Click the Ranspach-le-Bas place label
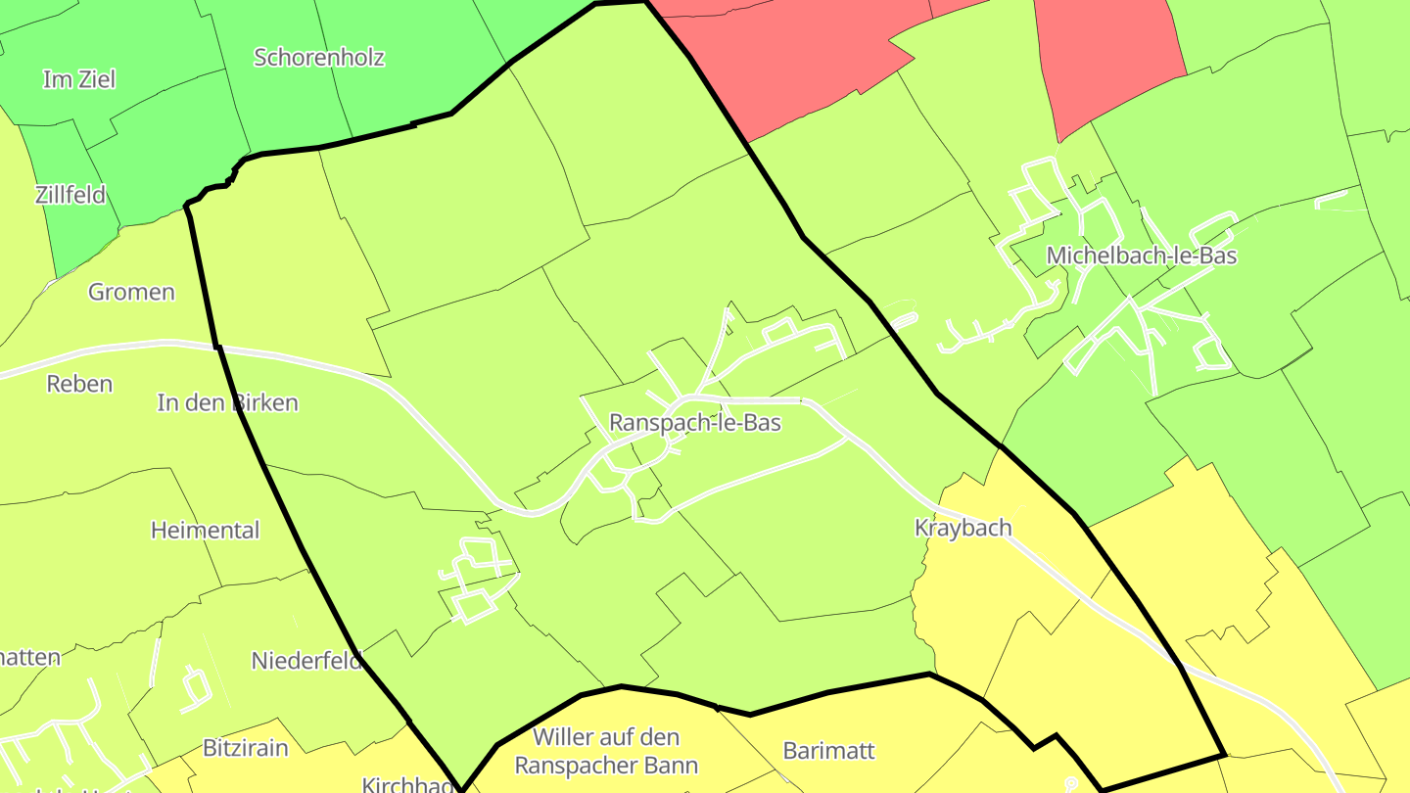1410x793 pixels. [x=694, y=422]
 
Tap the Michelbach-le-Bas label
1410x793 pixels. [x=1141, y=256]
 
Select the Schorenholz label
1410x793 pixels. [x=319, y=57]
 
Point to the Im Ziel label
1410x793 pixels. [x=78, y=79]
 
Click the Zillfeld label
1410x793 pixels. [x=70, y=194]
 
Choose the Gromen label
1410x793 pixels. [x=131, y=292]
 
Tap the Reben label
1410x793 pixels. [x=79, y=384]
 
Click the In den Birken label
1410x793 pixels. [x=227, y=402]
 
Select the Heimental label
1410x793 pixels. [x=205, y=531]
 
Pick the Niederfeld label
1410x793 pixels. [x=307, y=661]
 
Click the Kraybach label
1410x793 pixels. [x=963, y=528]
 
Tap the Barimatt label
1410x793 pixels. [x=828, y=751]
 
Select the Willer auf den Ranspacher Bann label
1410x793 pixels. [x=606, y=751]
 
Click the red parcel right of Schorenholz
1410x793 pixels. [x=783, y=59]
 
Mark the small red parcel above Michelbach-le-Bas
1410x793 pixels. [x=1106, y=59]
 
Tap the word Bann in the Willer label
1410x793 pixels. [x=671, y=765]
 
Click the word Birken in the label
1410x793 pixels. [x=265, y=402]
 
